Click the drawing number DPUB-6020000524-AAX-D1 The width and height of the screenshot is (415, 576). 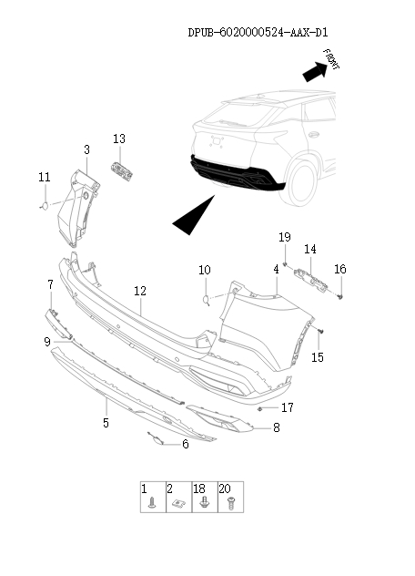(x=258, y=33)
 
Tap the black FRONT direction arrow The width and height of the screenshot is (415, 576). (x=315, y=71)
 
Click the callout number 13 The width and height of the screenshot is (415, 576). (x=119, y=139)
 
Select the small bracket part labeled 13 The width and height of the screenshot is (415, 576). (x=122, y=171)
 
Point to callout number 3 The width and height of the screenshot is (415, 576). (x=86, y=149)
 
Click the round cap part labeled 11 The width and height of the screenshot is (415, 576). (x=44, y=206)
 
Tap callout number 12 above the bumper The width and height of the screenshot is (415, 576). (x=140, y=291)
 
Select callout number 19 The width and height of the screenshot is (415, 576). (x=284, y=237)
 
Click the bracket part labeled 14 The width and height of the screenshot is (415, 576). (x=310, y=280)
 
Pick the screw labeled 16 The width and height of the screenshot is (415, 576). (x=340, y=296)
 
